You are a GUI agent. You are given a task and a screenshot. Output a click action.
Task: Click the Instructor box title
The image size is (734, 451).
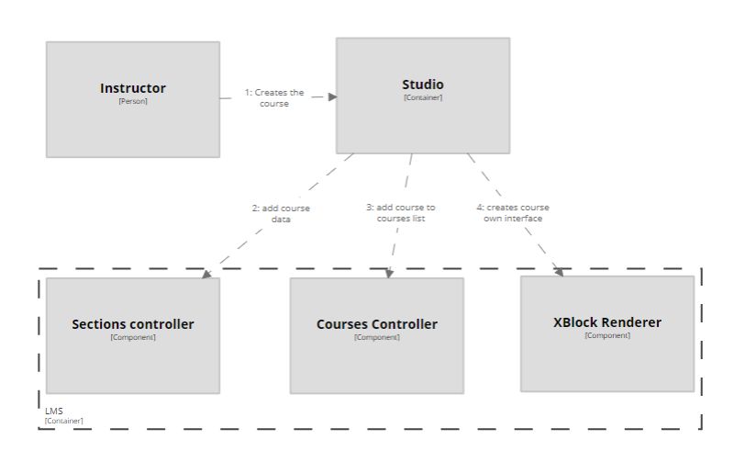pyautogui.click(x=133, y=88)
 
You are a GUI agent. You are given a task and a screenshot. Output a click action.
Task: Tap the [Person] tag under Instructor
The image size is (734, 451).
pyautogui.click(x=133, y=101)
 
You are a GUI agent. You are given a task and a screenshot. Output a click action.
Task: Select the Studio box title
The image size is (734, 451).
pyautogui.click(x=423, y=85)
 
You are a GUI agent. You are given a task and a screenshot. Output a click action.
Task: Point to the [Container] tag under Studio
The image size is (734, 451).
pyautogui.click(x=423, y=97)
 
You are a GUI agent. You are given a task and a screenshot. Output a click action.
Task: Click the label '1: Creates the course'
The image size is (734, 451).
pyautogui.click(x=273, y=98)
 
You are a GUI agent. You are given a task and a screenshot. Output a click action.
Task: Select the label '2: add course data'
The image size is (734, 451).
pyautogui.click(x=281, y=214)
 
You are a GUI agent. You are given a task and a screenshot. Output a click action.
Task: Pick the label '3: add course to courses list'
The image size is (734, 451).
pyautogui.click(x=401, y=213)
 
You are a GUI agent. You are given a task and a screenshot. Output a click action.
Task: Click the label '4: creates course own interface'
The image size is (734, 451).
pyautogui.click(x=513, y=213)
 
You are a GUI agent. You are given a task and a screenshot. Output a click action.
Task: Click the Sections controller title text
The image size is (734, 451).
pyautogui.click(x=133, y=324)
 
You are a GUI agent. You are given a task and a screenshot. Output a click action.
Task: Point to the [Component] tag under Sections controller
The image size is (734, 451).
pyautogui.click(x=133, y=337)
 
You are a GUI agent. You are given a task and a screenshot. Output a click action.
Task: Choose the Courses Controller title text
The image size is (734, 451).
pyautogui.click(x=377, y=324)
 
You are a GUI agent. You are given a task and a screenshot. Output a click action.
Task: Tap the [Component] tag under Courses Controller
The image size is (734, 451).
pyautogui.click(x=377, y=337)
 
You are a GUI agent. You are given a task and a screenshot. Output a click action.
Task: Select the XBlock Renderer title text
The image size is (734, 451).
pyautogui.click(x=607, y=322)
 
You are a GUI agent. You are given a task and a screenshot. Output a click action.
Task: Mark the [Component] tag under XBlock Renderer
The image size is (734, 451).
pyautogui.click(x=607, y=335)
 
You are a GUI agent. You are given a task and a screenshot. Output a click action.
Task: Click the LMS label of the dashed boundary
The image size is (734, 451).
pyautogui.click(x=54, y=412)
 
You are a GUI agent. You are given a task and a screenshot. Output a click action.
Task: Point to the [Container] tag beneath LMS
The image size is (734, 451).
pyautogui.click(x=63, y=421)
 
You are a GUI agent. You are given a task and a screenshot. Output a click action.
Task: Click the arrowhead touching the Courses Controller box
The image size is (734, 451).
pyautogui.click(x=389, y=273)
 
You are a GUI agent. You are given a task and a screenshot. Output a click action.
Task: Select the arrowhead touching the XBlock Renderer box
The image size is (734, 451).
pyautogui.click(x=559, y=271)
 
